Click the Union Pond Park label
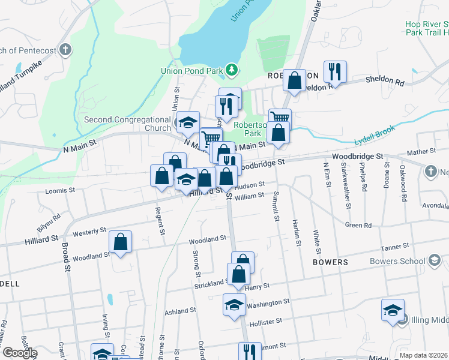[192, 71]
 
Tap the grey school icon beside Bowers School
[434, 261]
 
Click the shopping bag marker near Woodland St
[121, 242]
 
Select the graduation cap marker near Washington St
[234, 304]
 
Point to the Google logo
[19, 353]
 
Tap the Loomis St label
[60, 191]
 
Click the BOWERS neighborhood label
[330, 262]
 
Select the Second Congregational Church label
[127, 124]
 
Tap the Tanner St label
[396, 246]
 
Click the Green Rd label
[358, 226]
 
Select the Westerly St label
[89, 231]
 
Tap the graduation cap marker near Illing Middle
[393, 310]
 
